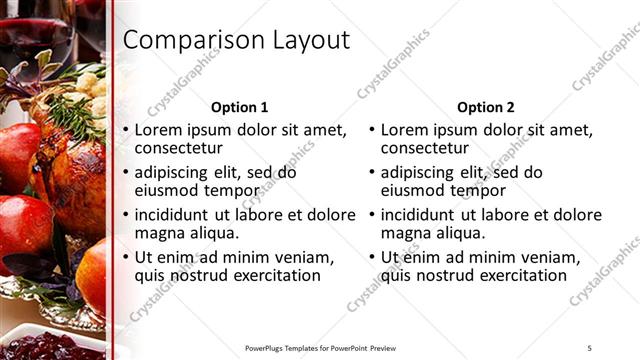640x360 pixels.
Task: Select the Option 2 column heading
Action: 486,107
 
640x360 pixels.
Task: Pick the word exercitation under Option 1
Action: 273,275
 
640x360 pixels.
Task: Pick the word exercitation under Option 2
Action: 519,275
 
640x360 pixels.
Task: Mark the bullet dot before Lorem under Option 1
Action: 126,131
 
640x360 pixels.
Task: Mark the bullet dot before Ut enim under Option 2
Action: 372,258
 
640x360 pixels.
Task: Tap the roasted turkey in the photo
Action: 70,165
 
